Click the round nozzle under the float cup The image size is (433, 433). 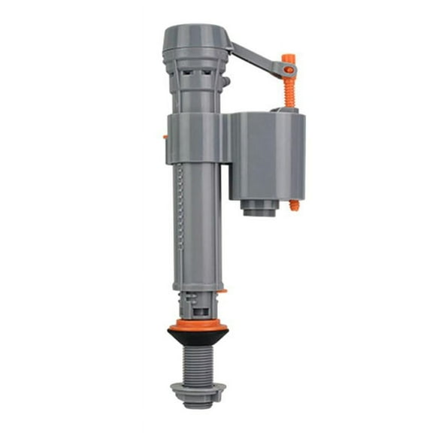tap(259, 207)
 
